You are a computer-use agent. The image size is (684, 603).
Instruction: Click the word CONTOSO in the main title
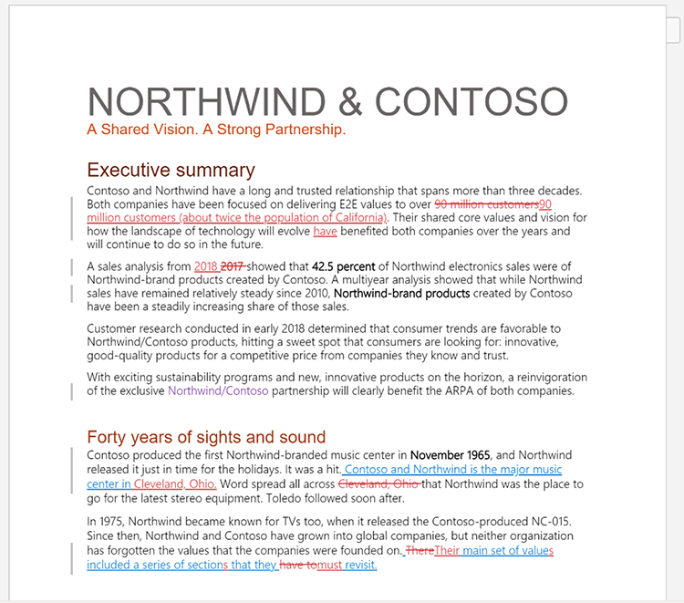pyautogui.click(x=472, y=100)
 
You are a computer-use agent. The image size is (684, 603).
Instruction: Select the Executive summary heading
pyautogui.click(x=171, y=171)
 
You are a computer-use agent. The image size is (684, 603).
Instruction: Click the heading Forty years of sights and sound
pyautogui.click(x=206, y=438)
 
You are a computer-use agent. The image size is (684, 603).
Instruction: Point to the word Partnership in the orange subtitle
pyautogui.click(x=305, y=130)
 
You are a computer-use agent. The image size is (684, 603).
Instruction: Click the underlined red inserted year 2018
pyautogui.click(x=206, y=266)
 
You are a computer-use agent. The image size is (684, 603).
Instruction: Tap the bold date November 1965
pyautogui.click(x=451, y=455)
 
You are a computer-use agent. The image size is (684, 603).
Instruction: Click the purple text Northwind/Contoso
pyautogui.click(x=218, y=390)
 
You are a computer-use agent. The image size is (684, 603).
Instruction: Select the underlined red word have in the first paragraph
pyautogui.click(x=325, y=232)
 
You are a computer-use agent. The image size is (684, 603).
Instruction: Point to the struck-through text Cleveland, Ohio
pyautogui.click(x=379, y=484)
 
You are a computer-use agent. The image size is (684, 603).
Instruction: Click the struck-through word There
pyautogui.click(x=420, y=551)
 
